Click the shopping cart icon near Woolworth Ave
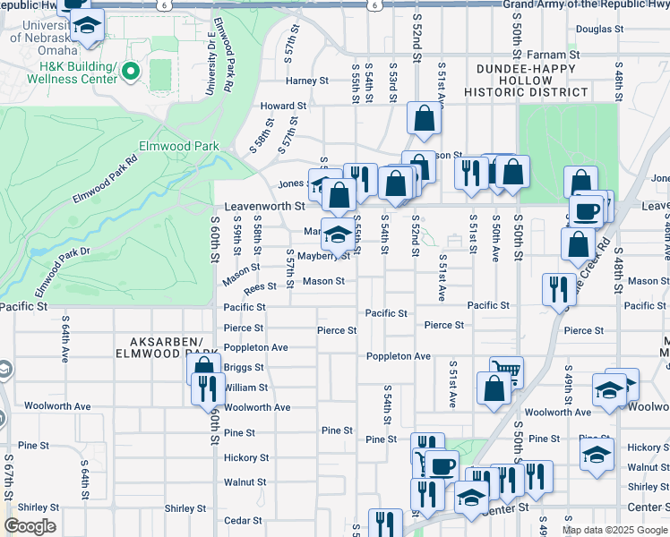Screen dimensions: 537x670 (x=506, y=369)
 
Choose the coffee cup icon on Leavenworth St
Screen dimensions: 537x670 (x=587, y=211)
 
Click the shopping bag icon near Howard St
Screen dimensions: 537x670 (x=424, y=117)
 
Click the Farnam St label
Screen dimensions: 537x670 (x=553, y=55)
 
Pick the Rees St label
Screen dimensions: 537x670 (x=260, y=287)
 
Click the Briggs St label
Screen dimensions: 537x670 (x=244, y=368)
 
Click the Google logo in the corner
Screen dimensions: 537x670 (x=30, y=526)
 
